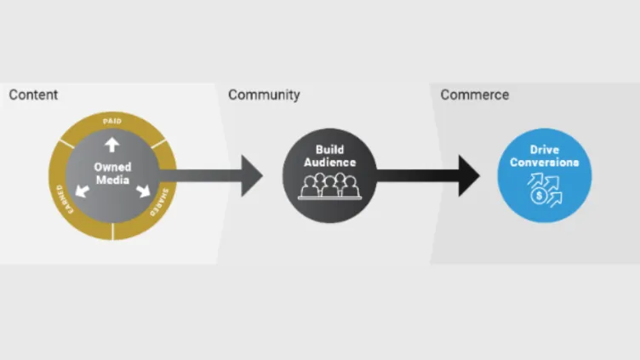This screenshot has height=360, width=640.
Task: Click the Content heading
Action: click(x=33, y=94)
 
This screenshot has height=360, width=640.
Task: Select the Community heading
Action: click(x=264, y=94)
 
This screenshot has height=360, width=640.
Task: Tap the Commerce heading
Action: click(x=474, y=94)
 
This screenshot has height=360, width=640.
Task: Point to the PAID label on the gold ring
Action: click(x=111, y=122)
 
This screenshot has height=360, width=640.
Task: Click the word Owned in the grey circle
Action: click(x=111, y=167)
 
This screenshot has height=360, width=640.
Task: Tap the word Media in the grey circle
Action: click(x=111, y=180)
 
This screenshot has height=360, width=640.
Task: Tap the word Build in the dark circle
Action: click(x=329, y=150)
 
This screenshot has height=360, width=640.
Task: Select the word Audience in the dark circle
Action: click(x=329, y=163)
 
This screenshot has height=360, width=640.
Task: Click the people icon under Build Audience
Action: click(x=329, y=186)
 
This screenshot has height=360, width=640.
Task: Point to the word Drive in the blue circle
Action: click(x=545, y=150)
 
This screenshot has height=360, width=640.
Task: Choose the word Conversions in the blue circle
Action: click(x=545, y=163)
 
